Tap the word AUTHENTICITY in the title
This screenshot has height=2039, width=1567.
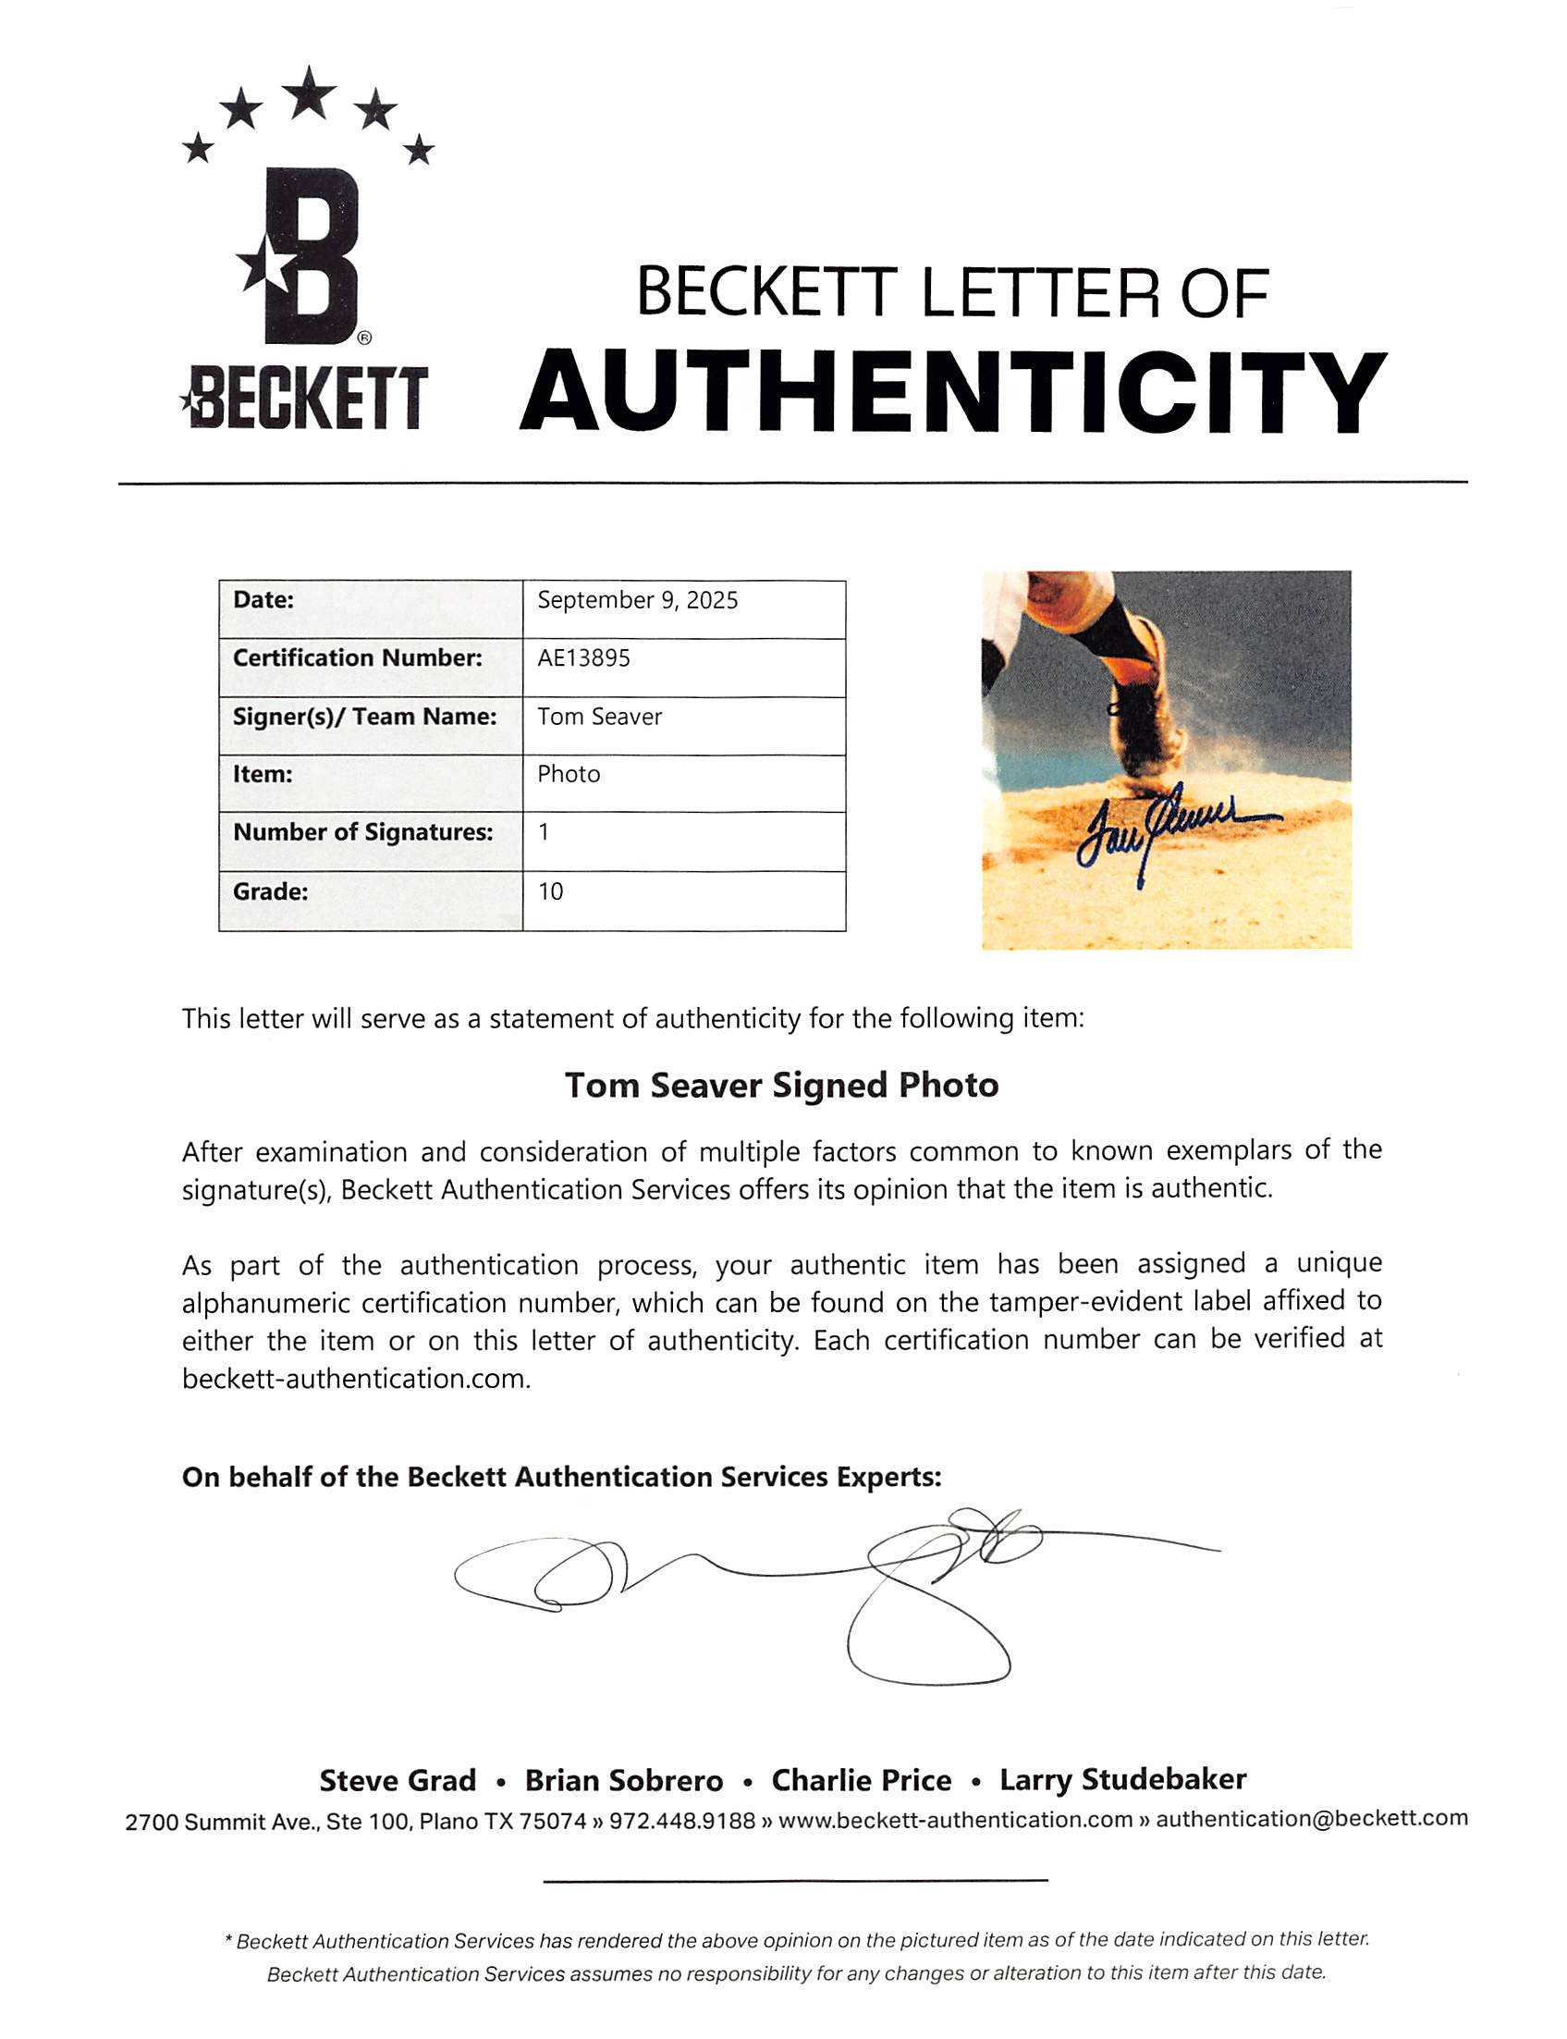952,393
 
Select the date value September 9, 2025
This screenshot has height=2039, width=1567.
637,601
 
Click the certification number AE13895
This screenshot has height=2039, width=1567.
584,658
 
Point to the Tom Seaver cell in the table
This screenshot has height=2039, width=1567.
600,717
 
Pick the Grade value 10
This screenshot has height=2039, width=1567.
550,891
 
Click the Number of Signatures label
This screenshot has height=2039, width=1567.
362,832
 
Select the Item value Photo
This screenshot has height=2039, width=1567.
568,774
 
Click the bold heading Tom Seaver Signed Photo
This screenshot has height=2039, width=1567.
781,1085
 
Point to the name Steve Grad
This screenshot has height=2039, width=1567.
398,1781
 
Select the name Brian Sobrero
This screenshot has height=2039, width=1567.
623,1781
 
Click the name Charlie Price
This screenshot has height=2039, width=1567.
861,1781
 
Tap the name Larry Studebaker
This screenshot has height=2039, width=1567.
1122,1780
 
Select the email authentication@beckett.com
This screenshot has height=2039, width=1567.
1311,1819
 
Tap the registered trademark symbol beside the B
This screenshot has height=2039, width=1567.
364,338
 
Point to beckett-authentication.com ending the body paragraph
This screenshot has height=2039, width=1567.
355,1379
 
